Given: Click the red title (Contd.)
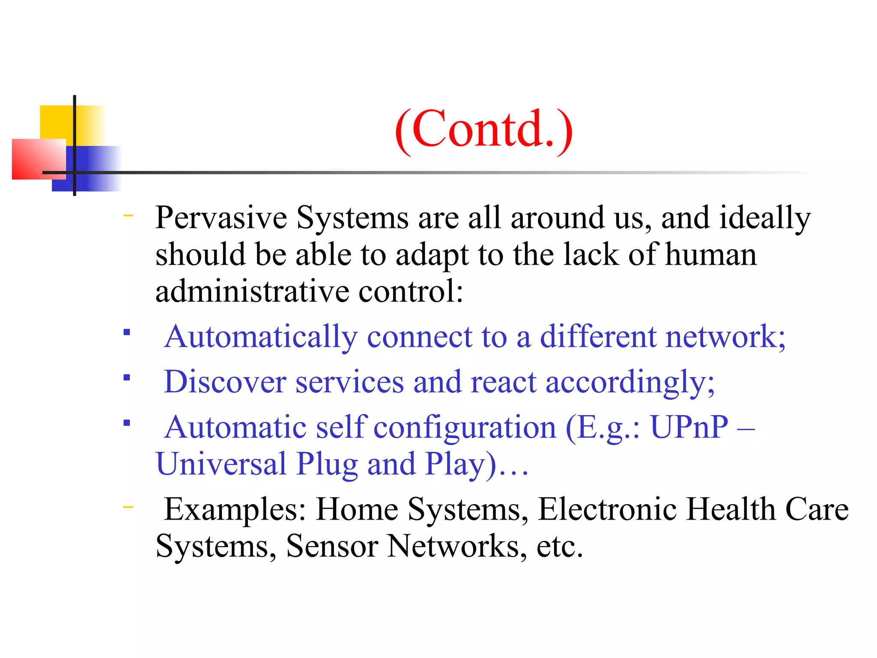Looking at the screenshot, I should click(x=484, y=129).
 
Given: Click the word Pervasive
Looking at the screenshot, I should click(x=221, y=218).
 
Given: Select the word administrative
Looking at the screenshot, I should click(x=252, y=291).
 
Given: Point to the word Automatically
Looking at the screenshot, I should click(x=261, y=337).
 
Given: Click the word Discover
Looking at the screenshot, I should click(x=225, y=381).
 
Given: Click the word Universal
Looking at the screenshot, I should click(x=221, y=464).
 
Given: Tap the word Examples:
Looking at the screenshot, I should click(x=235, y=509).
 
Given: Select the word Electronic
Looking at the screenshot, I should click(x=607, y=509).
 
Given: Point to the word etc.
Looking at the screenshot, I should click(x=560, y=546).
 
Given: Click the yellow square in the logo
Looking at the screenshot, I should click(x=56, y=122).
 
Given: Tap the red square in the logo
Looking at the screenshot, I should click(x=39, y=159).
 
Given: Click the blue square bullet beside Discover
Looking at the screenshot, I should click(x=127, y=377).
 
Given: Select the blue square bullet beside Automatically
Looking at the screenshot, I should click(x=127, y=332).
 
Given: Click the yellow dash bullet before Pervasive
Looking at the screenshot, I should click(x=128, y=215).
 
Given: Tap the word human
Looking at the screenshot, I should click(x=711, y=254).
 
